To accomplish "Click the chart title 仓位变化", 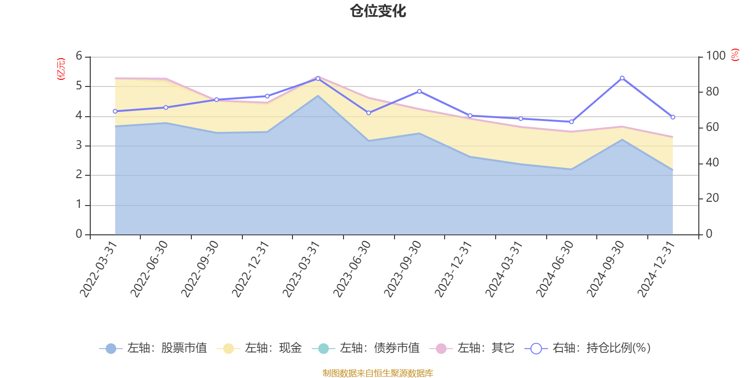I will click(x=378, y=11).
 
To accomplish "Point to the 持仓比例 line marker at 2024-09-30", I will click(x=622, y=78).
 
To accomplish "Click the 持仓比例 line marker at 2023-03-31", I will click(x=318, y=78).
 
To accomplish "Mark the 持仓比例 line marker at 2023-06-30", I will click(x=369, y=113).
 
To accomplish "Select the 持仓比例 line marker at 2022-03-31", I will click(x=115, y=112).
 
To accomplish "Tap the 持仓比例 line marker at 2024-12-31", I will click(x=673, y=117).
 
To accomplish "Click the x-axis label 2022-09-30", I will click(x=201, y=269).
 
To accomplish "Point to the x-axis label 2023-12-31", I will click(x=454, y=269).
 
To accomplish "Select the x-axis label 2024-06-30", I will click(x=555, y=269).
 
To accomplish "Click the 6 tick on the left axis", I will click(x=79, y=56).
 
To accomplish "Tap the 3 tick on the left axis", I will click(x=79, y=146).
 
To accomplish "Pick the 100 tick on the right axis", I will click(x=715, y=56).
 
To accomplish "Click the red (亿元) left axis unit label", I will click(x=61, y=69).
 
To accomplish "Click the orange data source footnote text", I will click(x=378, y=373).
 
